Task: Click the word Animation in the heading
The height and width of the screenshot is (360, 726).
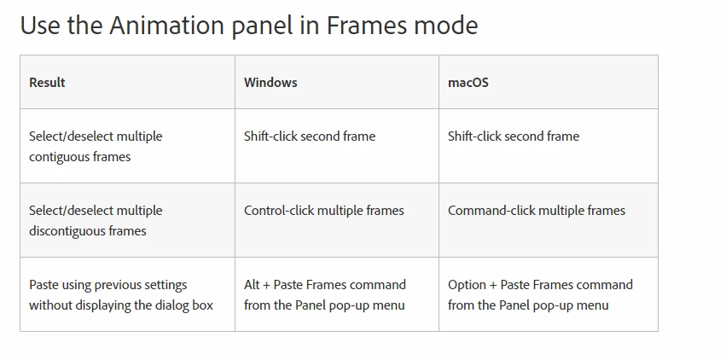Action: click(166, 26)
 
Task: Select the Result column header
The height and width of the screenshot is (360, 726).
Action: click(47, 83)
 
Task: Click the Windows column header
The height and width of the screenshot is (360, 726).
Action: click(270, 83)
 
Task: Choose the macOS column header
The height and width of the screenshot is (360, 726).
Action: click(468, 83)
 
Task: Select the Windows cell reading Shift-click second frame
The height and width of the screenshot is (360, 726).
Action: click(310, 136)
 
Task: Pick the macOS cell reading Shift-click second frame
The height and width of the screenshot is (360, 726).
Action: click(513, 136)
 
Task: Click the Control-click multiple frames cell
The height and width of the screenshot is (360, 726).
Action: click(323, 211)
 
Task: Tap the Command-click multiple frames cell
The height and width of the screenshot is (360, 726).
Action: click(536, 211)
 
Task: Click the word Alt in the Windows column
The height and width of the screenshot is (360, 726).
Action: click(252, 285)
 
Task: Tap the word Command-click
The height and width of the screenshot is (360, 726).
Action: click(487, 211)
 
